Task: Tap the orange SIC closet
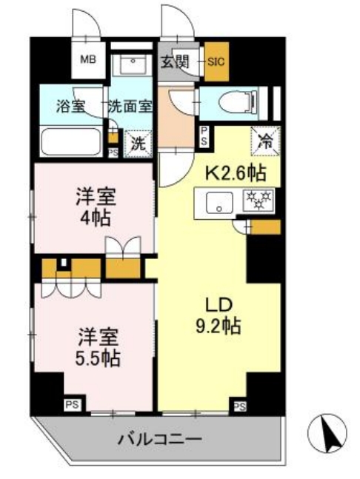(217, 63)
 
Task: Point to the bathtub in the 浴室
(70, 140)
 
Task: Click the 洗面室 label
(130, 105)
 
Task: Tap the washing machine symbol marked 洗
(138, 142)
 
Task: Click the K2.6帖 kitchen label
(236, 175)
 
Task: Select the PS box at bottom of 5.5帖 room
(72, 404)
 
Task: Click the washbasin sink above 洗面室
(134, 64)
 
